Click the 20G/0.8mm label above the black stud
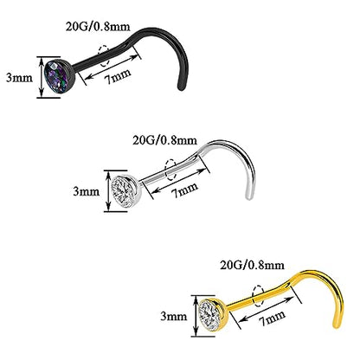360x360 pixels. (98, 27)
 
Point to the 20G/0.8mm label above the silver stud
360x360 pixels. (165, 140)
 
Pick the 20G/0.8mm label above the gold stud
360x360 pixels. (253, 265)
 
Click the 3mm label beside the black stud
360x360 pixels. (20, 78)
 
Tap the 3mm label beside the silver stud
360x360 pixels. (87, 191)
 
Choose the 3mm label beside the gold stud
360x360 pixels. (174, 317)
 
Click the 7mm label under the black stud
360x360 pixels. (118, 76)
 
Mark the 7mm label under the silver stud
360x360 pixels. (184, 190)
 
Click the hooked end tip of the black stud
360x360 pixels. (180, 88)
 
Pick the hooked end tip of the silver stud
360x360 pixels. (247, 197)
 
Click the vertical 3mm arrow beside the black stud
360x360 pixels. (42, 77)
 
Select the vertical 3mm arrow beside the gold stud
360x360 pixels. (196, 316)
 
